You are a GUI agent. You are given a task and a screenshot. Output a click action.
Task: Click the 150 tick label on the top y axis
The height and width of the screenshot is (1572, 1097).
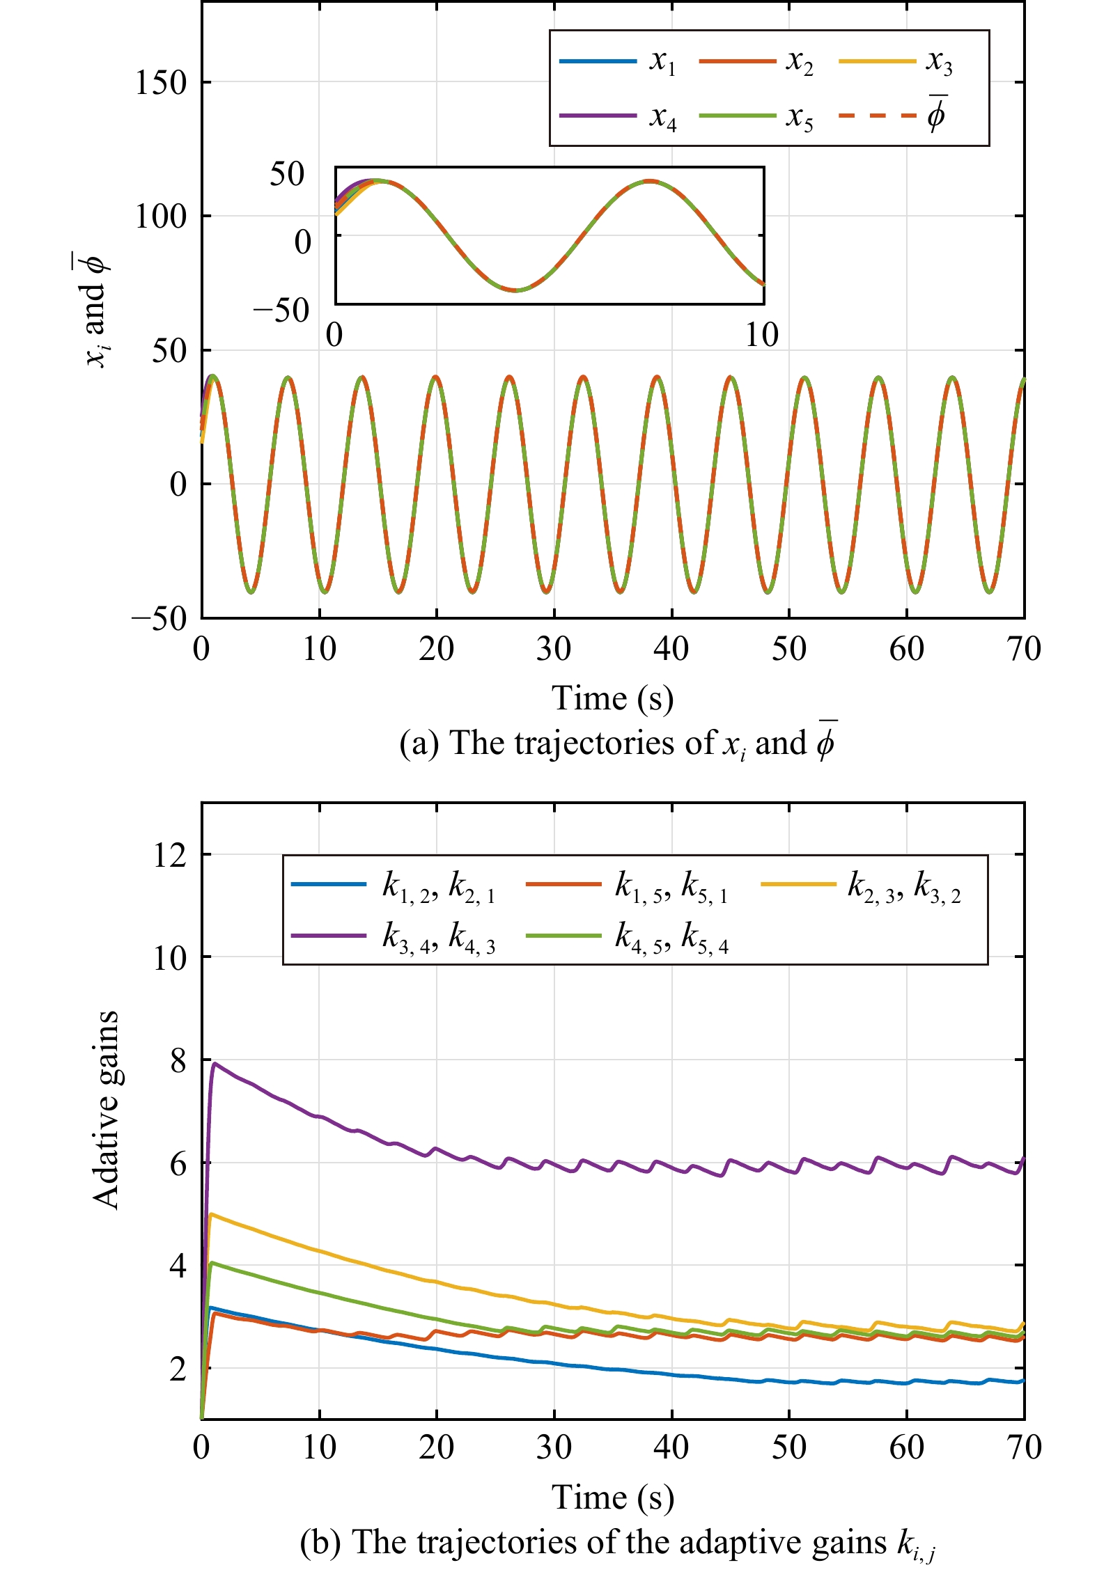coord(161,83)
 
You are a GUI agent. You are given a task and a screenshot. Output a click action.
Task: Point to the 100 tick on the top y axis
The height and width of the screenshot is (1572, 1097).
coord(161,217)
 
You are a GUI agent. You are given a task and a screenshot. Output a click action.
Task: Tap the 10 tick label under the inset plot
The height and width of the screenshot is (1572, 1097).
coord(761,336)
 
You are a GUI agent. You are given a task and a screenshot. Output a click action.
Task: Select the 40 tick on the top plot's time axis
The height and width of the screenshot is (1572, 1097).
coord(671,650)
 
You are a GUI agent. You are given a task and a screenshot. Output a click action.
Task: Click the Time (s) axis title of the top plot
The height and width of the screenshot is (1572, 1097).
coord(613,698)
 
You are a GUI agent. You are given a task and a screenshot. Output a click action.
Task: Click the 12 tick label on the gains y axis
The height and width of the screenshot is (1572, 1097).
coord(170,855)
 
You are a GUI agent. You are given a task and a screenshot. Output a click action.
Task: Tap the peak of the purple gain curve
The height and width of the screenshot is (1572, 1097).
coord(215,1063)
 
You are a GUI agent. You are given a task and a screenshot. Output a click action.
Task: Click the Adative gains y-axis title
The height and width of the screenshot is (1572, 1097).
coord(106,1110)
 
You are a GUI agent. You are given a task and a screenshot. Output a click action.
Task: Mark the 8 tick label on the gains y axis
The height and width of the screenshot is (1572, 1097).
coord(178,1061)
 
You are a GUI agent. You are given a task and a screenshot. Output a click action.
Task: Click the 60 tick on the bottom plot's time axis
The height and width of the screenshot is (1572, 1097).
coord(906,1448)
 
